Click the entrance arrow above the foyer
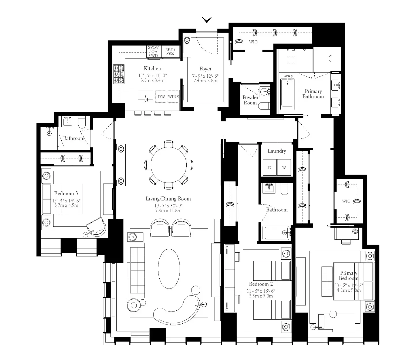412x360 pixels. click(207, 20)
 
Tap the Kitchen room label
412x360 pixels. click(152, 68)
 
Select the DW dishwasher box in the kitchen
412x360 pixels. click(161, 97)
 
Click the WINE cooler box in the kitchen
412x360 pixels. click(173, 97)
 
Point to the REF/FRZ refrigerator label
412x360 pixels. click(170, 52)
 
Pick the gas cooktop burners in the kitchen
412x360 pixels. click(119, 74)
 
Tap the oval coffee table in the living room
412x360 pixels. click(169, 269)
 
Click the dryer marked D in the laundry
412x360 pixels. click(270, 168)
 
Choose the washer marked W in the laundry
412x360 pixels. click(284, 168)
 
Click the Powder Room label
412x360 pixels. click(250, 100)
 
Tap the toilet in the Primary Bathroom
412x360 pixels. click(334, 59)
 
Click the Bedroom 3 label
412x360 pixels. click(66, 193)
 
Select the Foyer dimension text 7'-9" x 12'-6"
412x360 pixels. click(205, 76)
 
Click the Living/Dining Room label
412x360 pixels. click(168, 198)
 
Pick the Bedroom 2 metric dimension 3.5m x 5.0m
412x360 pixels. click(261, 296)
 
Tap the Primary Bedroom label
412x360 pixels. click(349, 275)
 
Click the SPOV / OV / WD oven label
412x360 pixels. click(153, 52)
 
